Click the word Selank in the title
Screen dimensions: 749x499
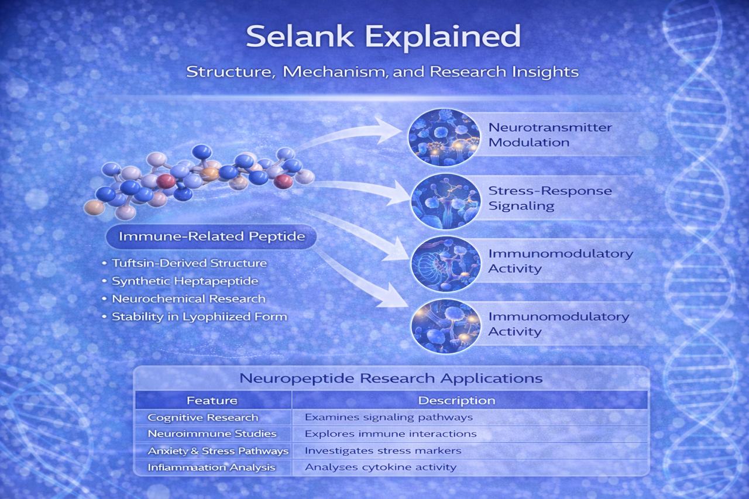coord(300,36)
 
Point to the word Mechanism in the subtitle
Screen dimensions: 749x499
coord(335,72)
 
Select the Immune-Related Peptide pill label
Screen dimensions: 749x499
coord(211,236)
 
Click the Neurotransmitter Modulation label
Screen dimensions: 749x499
coord(550,135)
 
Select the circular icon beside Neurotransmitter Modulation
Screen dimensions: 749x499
coord(444,137)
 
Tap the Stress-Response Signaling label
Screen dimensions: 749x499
coord(550,198)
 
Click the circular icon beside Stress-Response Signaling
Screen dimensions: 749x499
coord(445,201)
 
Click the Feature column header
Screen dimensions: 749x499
coord(212,400)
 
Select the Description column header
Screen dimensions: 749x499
coord(457,400)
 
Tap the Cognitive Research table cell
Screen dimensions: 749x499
coord(203,418)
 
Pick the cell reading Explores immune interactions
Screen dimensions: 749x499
coord(390,434)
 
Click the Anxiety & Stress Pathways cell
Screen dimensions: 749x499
coord(218,451)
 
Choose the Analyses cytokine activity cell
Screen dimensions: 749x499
coord(380,467)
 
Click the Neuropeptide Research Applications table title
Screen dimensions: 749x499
coord(391,378)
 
